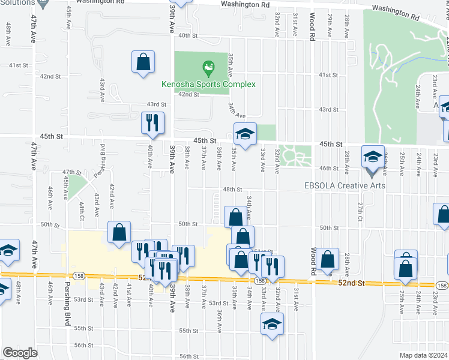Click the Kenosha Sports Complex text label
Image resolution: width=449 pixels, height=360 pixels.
tap(209, 84)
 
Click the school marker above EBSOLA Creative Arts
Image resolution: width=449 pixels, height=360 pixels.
tap(373, 158)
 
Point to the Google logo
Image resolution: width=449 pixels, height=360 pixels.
tap(20, 352)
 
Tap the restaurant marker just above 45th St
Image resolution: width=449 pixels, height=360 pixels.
tap(152, 123)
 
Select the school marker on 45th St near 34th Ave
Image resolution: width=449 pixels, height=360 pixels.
tap(245, 135)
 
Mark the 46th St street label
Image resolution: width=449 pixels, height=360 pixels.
tap(329, 168)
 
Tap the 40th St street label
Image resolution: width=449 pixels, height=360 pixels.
tap(188, 35)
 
